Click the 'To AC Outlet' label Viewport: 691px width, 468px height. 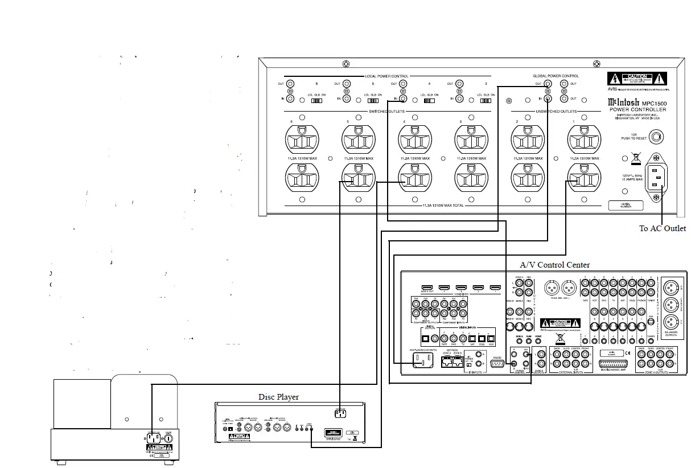(x=662, y=228)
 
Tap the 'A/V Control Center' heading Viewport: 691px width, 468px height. (x=554, y=265)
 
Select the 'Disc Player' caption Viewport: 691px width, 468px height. (x=278, y=397)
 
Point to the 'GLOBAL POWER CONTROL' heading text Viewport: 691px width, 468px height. (x=556, y=76)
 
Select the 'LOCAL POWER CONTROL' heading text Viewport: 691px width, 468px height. (x=386, y=76)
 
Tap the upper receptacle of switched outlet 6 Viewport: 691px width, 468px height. (x=302, y=139)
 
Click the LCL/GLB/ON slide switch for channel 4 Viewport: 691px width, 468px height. (x=430, y=100)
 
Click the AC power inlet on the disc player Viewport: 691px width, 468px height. (x=340, y=413)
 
